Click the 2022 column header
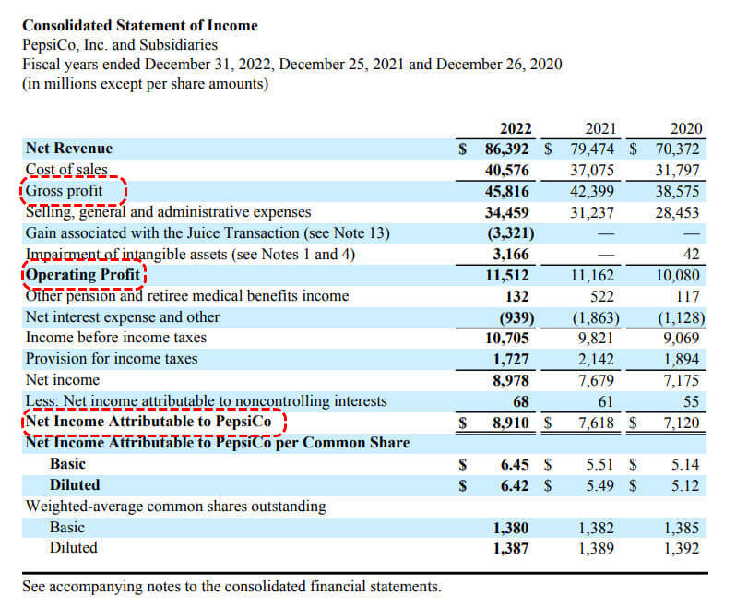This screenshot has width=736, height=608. [x=515, y=128]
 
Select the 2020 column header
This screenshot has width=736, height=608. [x=685, y=128]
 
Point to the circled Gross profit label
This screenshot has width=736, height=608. [x=65, y=191]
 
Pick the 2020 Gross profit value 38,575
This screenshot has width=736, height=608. [x=677, y=191]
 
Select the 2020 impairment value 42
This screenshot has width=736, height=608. [x=692, y=254]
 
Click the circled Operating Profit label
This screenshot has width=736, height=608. [x=83, y=275]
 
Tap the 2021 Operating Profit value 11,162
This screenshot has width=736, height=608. [x=595, y=275]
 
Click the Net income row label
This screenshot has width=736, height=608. [x=63, y=380]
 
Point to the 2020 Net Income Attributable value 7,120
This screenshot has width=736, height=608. [x=680, y=423]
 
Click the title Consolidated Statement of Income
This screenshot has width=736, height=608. [x=139, y=26]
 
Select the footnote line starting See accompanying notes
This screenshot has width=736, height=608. [x=231, y=587]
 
